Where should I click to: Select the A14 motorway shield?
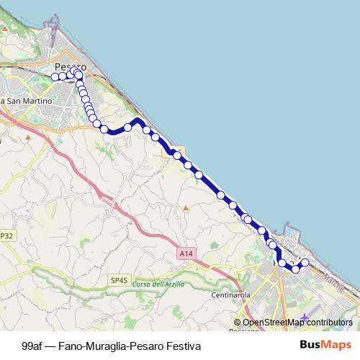185,253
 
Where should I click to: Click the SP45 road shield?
119,279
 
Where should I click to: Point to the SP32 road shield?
6,235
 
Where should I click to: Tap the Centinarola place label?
230,295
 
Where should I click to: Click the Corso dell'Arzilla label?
158,284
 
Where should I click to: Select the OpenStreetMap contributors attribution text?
297,323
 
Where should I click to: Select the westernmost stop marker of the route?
55,76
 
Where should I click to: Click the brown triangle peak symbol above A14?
185,208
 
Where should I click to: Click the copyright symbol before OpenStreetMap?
238,323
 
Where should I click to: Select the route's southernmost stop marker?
295,269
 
